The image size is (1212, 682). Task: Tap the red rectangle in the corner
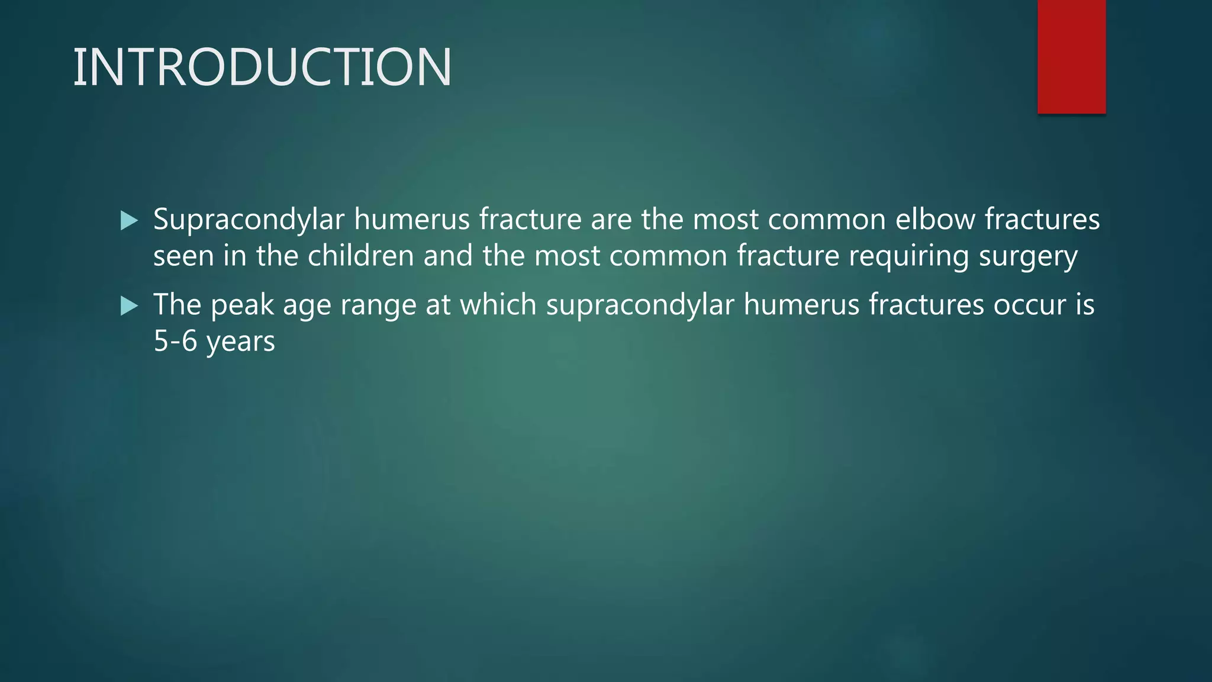pos(1071,57)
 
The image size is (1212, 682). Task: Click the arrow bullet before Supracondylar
pos(129,221)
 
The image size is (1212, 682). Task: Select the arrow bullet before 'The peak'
pos(129,306)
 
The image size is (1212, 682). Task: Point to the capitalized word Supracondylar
pos(249,220)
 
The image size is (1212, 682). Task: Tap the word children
pos(360,256)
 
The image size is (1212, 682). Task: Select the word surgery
pos(1028,257)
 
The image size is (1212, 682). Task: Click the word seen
pos(183,256)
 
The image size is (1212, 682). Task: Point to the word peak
pos(242,305)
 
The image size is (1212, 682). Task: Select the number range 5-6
pos(175,341)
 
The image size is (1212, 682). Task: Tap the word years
pos(241,342)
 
